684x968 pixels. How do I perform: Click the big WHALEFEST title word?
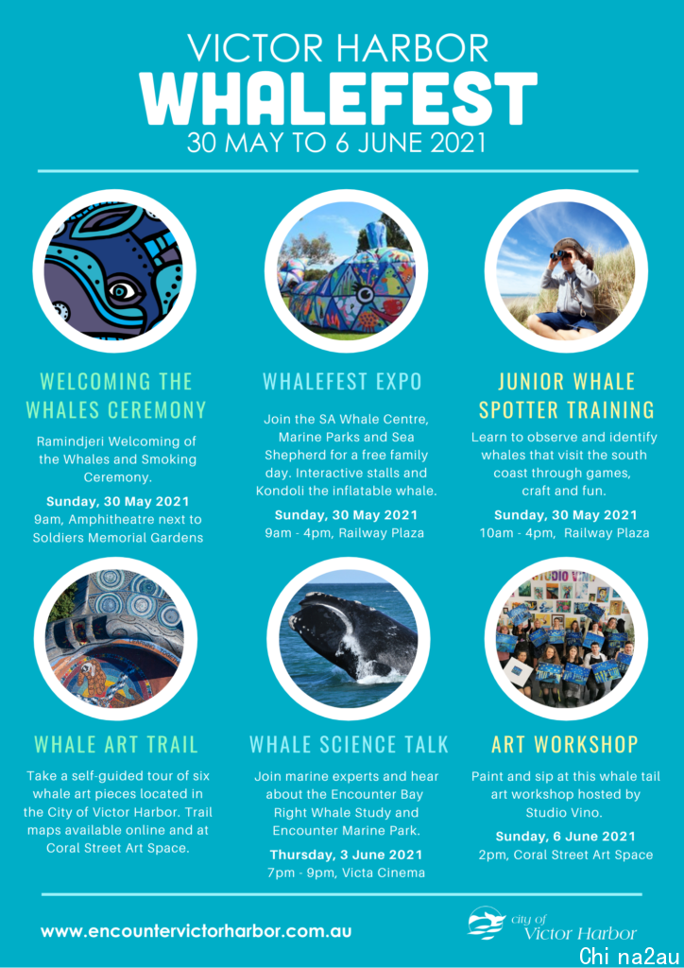338,97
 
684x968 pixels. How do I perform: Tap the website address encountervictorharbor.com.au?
197,930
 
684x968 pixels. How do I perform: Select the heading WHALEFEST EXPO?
342,382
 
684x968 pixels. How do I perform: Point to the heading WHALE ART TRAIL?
116,745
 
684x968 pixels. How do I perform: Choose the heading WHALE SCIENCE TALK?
350,745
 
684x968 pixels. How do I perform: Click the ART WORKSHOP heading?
565,745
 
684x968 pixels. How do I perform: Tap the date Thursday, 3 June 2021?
346,855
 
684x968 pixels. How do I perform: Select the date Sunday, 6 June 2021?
565,837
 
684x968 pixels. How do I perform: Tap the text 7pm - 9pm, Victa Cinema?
346,873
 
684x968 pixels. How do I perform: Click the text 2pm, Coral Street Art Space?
566,855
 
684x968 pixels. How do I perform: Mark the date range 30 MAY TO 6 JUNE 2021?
337,143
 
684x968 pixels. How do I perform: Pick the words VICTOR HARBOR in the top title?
338,48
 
